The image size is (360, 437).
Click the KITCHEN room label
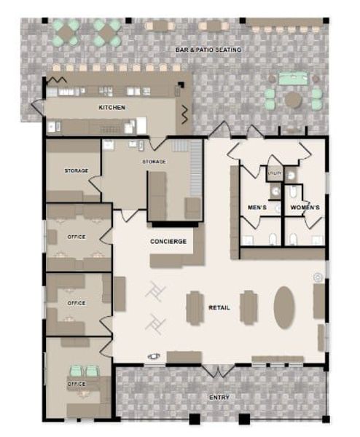click(111, 107)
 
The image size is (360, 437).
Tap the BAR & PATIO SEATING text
click(208, 50)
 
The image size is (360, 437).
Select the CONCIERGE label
click(168, 241)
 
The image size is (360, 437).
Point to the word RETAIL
click(219, 307)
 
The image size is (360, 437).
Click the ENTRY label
click(219, 398)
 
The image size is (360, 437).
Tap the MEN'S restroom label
click(257, 208)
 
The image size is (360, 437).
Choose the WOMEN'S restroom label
click(305, 208)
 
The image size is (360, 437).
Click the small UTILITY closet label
click(275, 173)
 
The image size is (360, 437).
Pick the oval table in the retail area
click(284, 307)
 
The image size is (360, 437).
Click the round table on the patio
click(293, 99)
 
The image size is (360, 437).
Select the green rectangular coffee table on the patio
click(294, 78)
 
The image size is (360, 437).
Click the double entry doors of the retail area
click(219, 370)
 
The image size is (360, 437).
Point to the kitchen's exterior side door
click(38, 107)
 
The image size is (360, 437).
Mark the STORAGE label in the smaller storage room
click(77, 170)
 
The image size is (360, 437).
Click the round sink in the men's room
click(275, 191)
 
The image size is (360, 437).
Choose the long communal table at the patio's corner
click(284, 22)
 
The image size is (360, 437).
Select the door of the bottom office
click(106, 346)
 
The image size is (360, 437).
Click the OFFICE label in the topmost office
click(77, 237)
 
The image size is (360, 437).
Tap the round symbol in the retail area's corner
click(318, 277)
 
